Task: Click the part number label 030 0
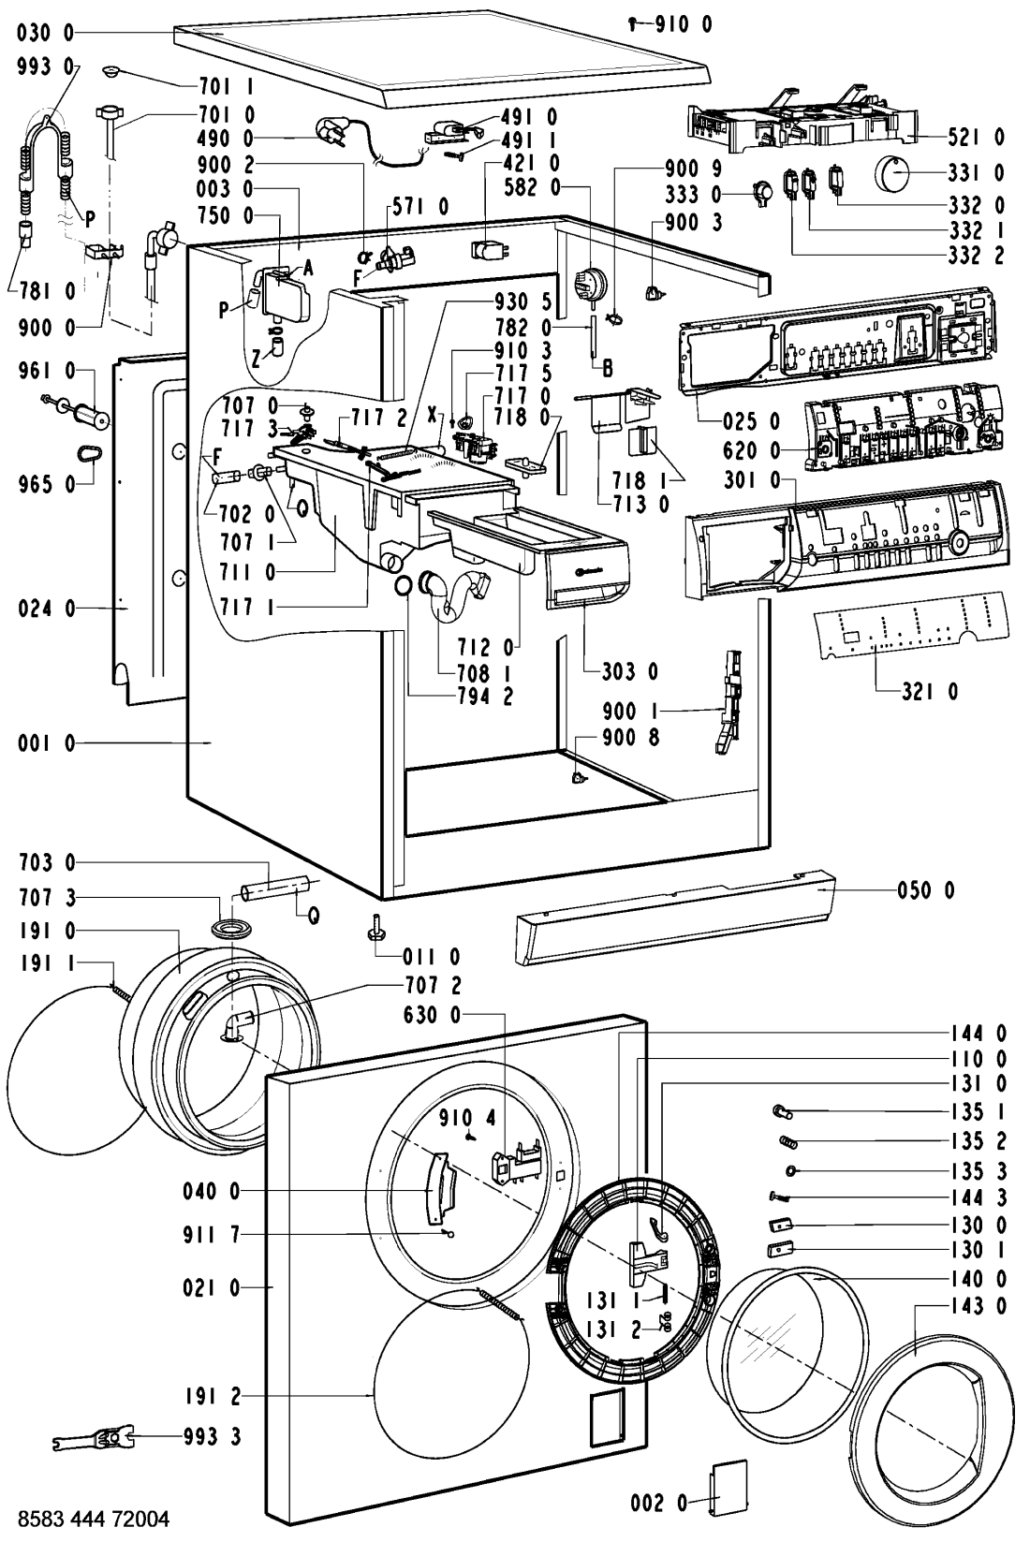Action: pos(45,34)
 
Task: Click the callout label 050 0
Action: pos(923,890)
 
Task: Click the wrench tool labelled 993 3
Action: pos(94,1436)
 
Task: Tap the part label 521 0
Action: pos(973,137)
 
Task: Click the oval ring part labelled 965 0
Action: pos(87,453)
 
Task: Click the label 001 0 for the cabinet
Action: pos(44,743)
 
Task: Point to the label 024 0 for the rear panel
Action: pos(44,609)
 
